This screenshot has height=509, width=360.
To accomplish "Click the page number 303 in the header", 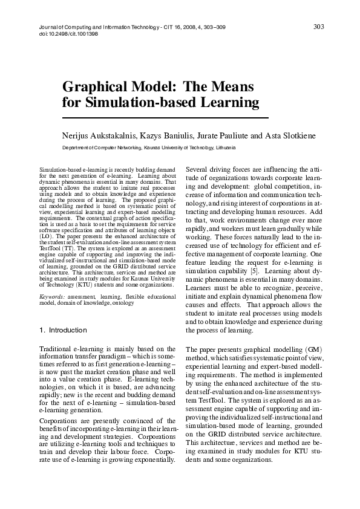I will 319,26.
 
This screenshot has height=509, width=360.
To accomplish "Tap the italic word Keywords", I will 53,297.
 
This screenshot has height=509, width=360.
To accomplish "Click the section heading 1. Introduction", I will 62,330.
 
